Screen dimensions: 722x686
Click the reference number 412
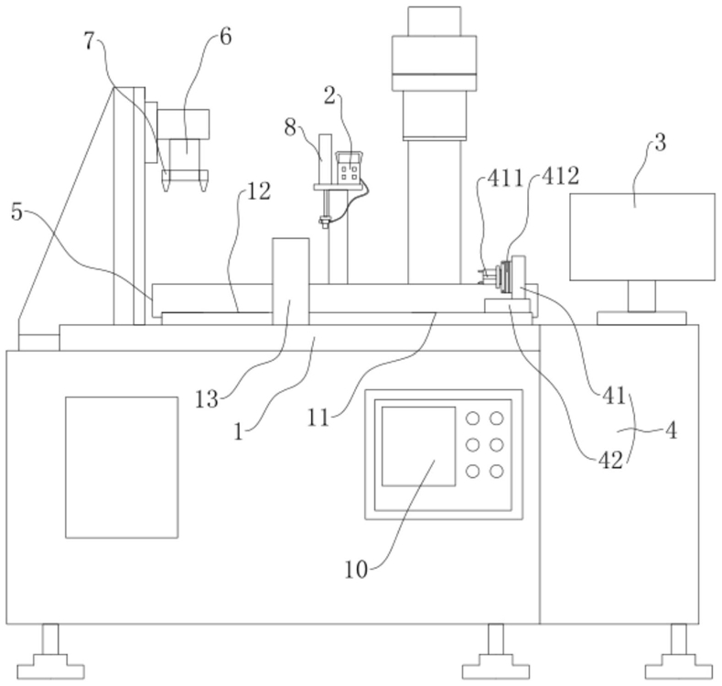click(x=560, y=176)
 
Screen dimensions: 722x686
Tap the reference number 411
click(x=506, y=179)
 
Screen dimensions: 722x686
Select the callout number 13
click(x=206, y=399)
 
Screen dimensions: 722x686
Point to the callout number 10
click(x=356, y=570)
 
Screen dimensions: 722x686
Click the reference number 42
click(x=610, y=460)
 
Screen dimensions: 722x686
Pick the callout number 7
click(x=89, y=41)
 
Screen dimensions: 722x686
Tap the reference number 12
click(x=259, y=191)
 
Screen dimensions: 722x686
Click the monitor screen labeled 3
click(x=642, y=237)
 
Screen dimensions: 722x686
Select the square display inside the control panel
click(x=418, y=446)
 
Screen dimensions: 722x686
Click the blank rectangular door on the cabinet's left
click(x=122, y=467)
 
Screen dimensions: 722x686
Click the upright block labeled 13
click(x=291, y=281)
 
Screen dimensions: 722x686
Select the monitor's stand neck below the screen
click(x=641, y=296)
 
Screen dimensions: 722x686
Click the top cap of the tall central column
click(x=435, y=21)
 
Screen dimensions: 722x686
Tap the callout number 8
click(x=290, y=127)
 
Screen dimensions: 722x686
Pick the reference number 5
click(x=17, y=212)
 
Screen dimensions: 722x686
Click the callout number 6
click(x=226, y=37)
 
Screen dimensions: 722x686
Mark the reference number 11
click(x=318, y=418)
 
